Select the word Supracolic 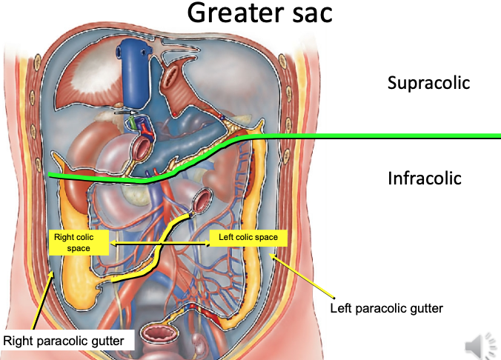428,83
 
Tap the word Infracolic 425,179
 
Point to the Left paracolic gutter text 386,307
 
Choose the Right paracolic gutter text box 67,341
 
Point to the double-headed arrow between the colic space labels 159,242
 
